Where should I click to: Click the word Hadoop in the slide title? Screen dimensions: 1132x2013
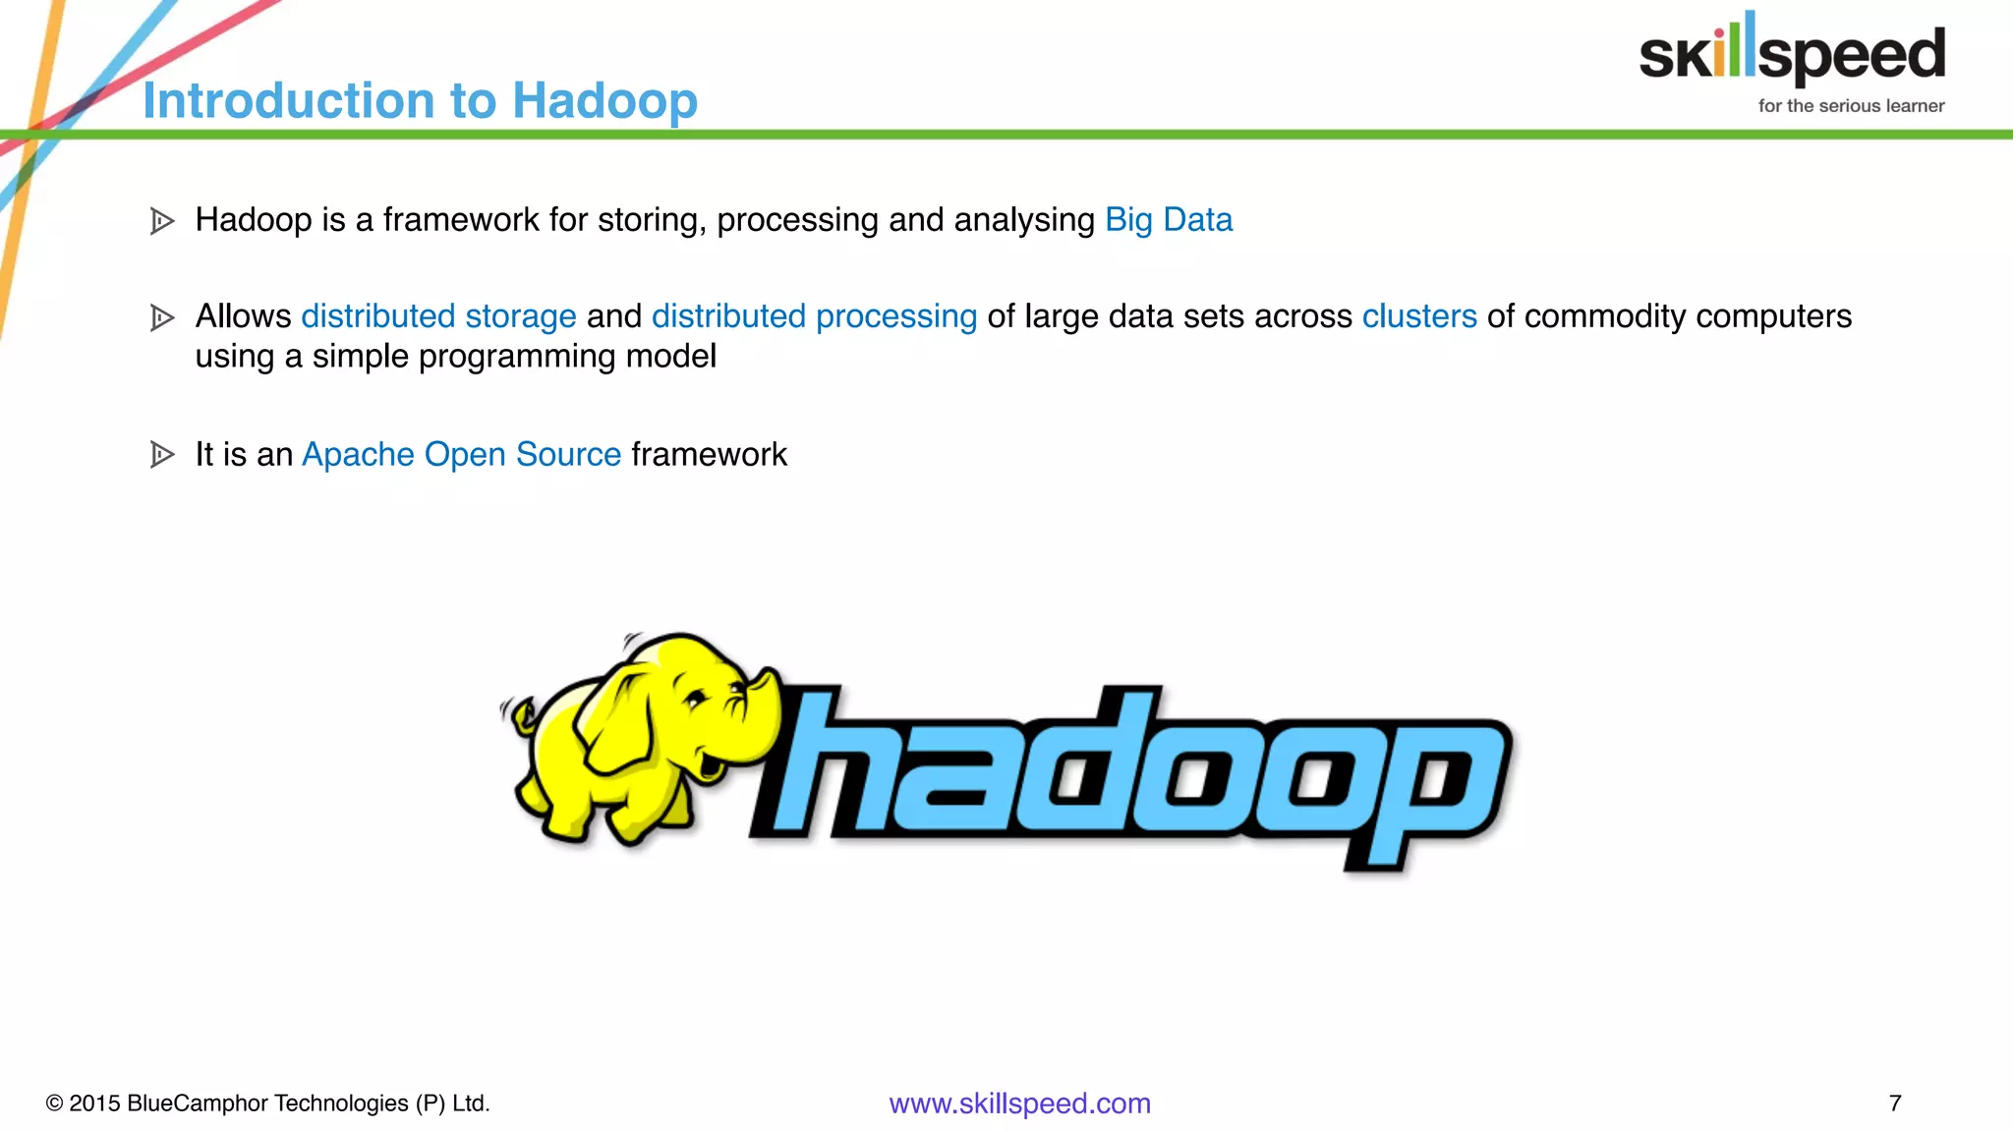pos(604,101)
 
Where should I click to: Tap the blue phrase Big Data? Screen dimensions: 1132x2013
pos(1168,220)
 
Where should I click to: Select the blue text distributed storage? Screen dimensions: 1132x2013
pos(438,316)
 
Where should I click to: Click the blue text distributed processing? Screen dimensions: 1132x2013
pos(814,316)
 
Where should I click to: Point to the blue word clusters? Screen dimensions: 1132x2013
pos(1418,316)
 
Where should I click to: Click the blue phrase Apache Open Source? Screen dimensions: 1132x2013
pos(461,455)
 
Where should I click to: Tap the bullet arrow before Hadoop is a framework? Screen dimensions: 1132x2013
pos(162,221)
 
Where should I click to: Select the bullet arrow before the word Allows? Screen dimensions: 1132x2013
pos(162,317)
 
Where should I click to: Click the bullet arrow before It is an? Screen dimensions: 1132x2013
pos(162,455)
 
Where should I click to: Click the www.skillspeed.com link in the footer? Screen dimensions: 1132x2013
pos(1019,1104)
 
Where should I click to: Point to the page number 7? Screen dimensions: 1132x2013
pos(1895,1104)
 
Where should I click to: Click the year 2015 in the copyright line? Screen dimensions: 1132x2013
pos(94,1104)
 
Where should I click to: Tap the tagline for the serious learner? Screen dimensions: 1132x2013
pos(1851,106)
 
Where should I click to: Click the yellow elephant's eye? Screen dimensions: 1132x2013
pos(696,700)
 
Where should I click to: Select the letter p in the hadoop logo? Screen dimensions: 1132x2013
pos(1425,786)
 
